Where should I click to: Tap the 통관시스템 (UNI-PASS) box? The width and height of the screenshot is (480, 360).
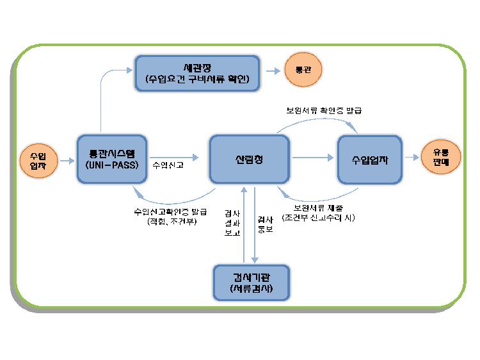[x=112, y=160]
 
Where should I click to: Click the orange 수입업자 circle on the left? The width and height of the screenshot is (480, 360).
[x=38, y=160]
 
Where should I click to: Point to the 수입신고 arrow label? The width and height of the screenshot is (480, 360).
[x=168, y=165]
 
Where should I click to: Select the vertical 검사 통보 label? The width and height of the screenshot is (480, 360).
[x=265, y=224]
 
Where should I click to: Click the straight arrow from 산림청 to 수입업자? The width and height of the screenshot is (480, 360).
[x=310, y=156]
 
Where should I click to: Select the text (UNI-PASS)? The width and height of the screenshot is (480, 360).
[x=112, y=165]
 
